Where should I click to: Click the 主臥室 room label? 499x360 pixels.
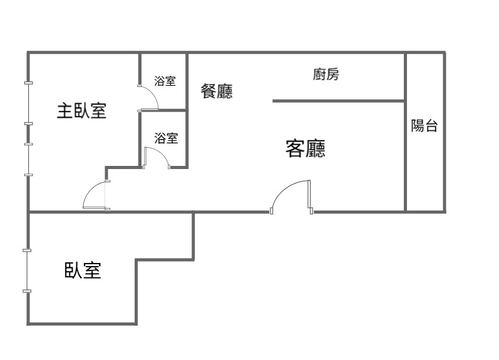point(81,111)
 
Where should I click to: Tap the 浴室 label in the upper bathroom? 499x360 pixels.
point(165,81)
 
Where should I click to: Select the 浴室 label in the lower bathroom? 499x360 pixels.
point(166,138)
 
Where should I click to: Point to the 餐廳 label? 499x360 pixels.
point(217,91)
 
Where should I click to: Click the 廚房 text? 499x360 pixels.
point(326,75)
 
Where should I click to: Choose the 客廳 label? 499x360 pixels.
point(305,149)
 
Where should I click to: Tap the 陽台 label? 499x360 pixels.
point(424,126)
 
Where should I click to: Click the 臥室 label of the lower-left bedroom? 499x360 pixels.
point(83,270)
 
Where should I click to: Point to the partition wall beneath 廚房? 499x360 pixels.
point(338,100)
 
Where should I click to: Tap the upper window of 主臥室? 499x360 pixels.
point(28,103)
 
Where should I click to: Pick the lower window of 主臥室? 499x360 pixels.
point(28,158)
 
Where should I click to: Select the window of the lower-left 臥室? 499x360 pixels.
point(28,270)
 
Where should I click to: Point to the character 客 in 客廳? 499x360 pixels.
point(295,149)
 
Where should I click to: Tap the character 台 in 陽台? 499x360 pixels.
point(431,126)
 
